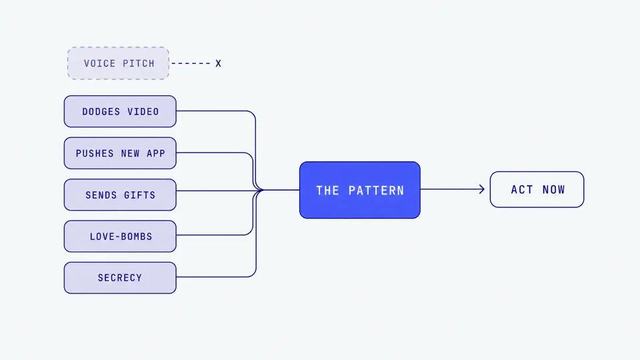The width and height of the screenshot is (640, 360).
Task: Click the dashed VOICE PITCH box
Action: pos(118,63)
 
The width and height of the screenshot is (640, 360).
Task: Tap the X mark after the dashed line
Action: pos(219,64)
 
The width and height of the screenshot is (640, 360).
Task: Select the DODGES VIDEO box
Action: pos(120,111)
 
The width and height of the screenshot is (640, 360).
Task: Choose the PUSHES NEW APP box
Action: pos(120,153)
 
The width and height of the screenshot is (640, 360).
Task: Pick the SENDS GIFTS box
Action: pos(120,195)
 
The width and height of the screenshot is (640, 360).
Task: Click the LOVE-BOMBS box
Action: pos(120,236)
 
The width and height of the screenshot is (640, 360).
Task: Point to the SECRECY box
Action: pos(120,278)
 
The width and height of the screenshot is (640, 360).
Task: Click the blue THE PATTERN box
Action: pos(359,190)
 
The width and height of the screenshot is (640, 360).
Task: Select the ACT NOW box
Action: pos(537,189)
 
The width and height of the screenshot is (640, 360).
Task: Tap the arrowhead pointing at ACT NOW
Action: pos(482,189)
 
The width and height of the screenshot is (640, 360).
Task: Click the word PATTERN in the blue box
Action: pos(376,191)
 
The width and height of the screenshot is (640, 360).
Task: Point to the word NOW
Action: pos(553,190)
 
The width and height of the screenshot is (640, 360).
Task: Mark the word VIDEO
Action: pos(143,112)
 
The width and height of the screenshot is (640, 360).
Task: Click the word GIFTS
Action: pos(139,195)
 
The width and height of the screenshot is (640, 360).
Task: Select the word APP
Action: pos(156,153)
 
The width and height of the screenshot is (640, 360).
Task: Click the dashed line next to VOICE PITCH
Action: pos(191,63)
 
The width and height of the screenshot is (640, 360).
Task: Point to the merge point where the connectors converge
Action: pos(262,190)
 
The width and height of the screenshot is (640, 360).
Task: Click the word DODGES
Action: pos(101,112)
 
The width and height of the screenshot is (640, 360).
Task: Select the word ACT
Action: pos(521,190)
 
